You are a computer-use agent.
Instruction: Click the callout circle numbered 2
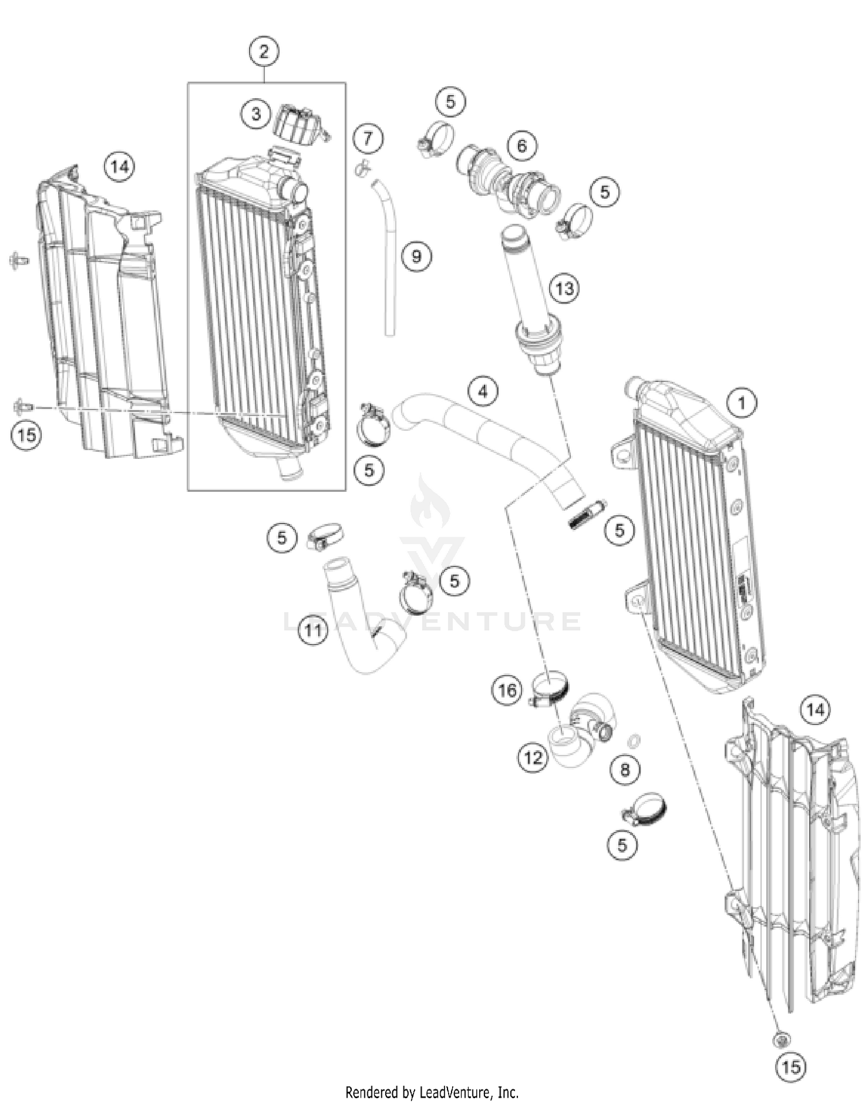(x=264, y=52)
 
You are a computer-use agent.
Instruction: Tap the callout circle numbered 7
(x=368, y=139)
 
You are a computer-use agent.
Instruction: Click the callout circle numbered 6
(x=522, y=145)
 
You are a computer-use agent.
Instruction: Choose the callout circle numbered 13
(x=564, y=287)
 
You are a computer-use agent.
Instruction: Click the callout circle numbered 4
(x=483, y=392)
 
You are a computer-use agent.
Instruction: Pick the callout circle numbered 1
(x=742, y=403)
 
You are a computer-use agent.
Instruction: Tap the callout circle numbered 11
(x=313, y=630)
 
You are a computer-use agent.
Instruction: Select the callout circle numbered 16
(x=507, y=690)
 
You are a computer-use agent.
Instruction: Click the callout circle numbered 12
(x=532, y=757)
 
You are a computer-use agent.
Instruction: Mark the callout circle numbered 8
(x=626, y=770)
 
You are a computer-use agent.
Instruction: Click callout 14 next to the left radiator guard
(x=119, y=167)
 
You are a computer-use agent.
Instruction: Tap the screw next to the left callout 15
(x=22, y=407)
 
